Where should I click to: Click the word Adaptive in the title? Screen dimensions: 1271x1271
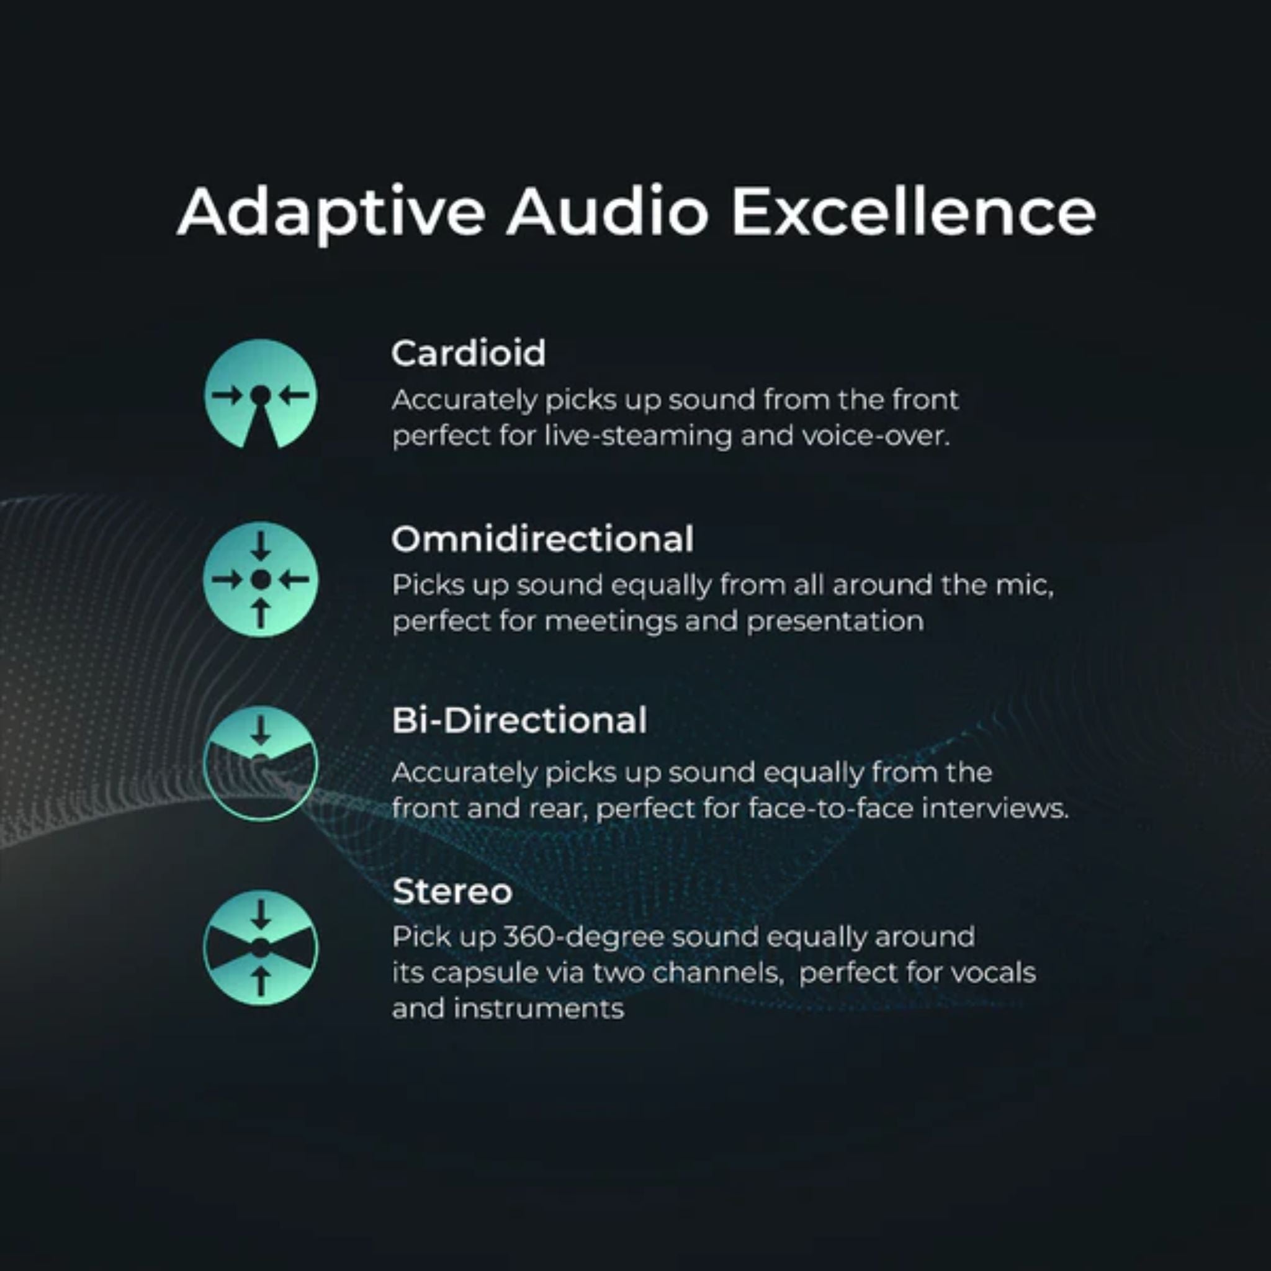pyautogui.click(x=331, y=212)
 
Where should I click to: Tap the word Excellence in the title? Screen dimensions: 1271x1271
pyautogui.click(x=914, y=211)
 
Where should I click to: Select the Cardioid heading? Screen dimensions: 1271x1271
pyautogui.click(x=469, y=353)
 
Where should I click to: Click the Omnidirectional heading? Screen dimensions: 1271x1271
pyautogui.click(x=542, y=539)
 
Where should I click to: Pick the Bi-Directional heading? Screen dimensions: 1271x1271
pyautogui.click(x=519, y=720)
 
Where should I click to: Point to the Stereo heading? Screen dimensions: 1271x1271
pyautogui.click(x=452, y=892)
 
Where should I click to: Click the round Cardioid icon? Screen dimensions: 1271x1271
pyautogui.click(x=261, y=394)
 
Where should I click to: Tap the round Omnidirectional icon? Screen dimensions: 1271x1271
pyautogui.click(x=261, y=580)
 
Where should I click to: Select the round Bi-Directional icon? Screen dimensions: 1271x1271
pyautogui.click(x=261, y=763)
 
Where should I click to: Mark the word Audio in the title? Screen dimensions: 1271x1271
pyautogui.click(x=608, y=211)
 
